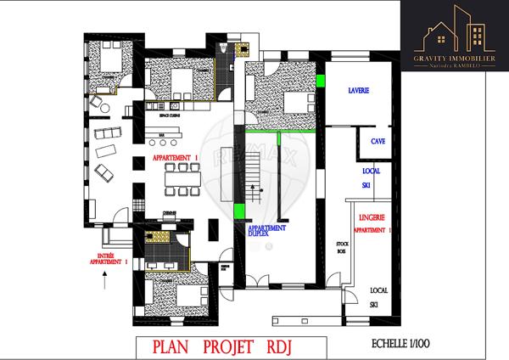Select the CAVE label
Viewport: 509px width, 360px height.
coord(378,142)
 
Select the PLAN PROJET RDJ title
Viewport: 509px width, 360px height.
coord(228,346)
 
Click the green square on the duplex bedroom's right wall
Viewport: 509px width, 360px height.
coord(320,82)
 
